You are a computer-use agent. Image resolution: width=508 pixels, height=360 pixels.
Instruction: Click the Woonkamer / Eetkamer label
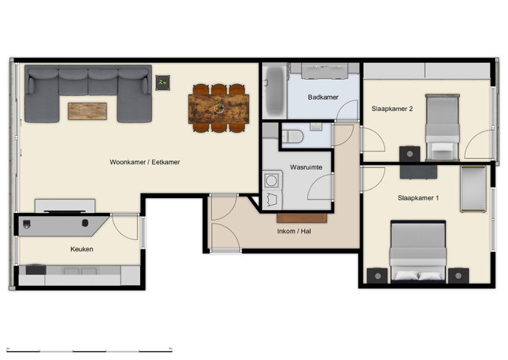point(145,162)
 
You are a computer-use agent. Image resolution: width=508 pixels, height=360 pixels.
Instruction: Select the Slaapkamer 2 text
point(392,109)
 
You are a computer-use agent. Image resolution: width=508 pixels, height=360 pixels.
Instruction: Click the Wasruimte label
point(306,167)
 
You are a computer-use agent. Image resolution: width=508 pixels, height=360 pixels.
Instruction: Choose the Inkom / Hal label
point(294,231)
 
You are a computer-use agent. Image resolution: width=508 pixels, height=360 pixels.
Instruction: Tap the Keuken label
point(82,249)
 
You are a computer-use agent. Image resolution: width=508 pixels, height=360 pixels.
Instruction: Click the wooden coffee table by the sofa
point(87,111)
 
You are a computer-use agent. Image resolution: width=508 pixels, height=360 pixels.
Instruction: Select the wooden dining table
point(218,109)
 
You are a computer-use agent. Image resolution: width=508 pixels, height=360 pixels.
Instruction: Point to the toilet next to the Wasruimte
point(294,136)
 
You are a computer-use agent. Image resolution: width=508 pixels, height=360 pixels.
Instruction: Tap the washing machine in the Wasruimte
point(270,181)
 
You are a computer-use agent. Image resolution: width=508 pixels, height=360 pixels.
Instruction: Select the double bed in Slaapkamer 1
point(417,251)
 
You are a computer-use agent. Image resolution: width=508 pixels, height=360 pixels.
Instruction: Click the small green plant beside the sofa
point(163,82)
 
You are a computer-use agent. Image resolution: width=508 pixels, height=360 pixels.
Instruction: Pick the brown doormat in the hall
point(302,218)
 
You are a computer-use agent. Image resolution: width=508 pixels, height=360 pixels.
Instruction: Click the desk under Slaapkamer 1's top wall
point(418,172)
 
